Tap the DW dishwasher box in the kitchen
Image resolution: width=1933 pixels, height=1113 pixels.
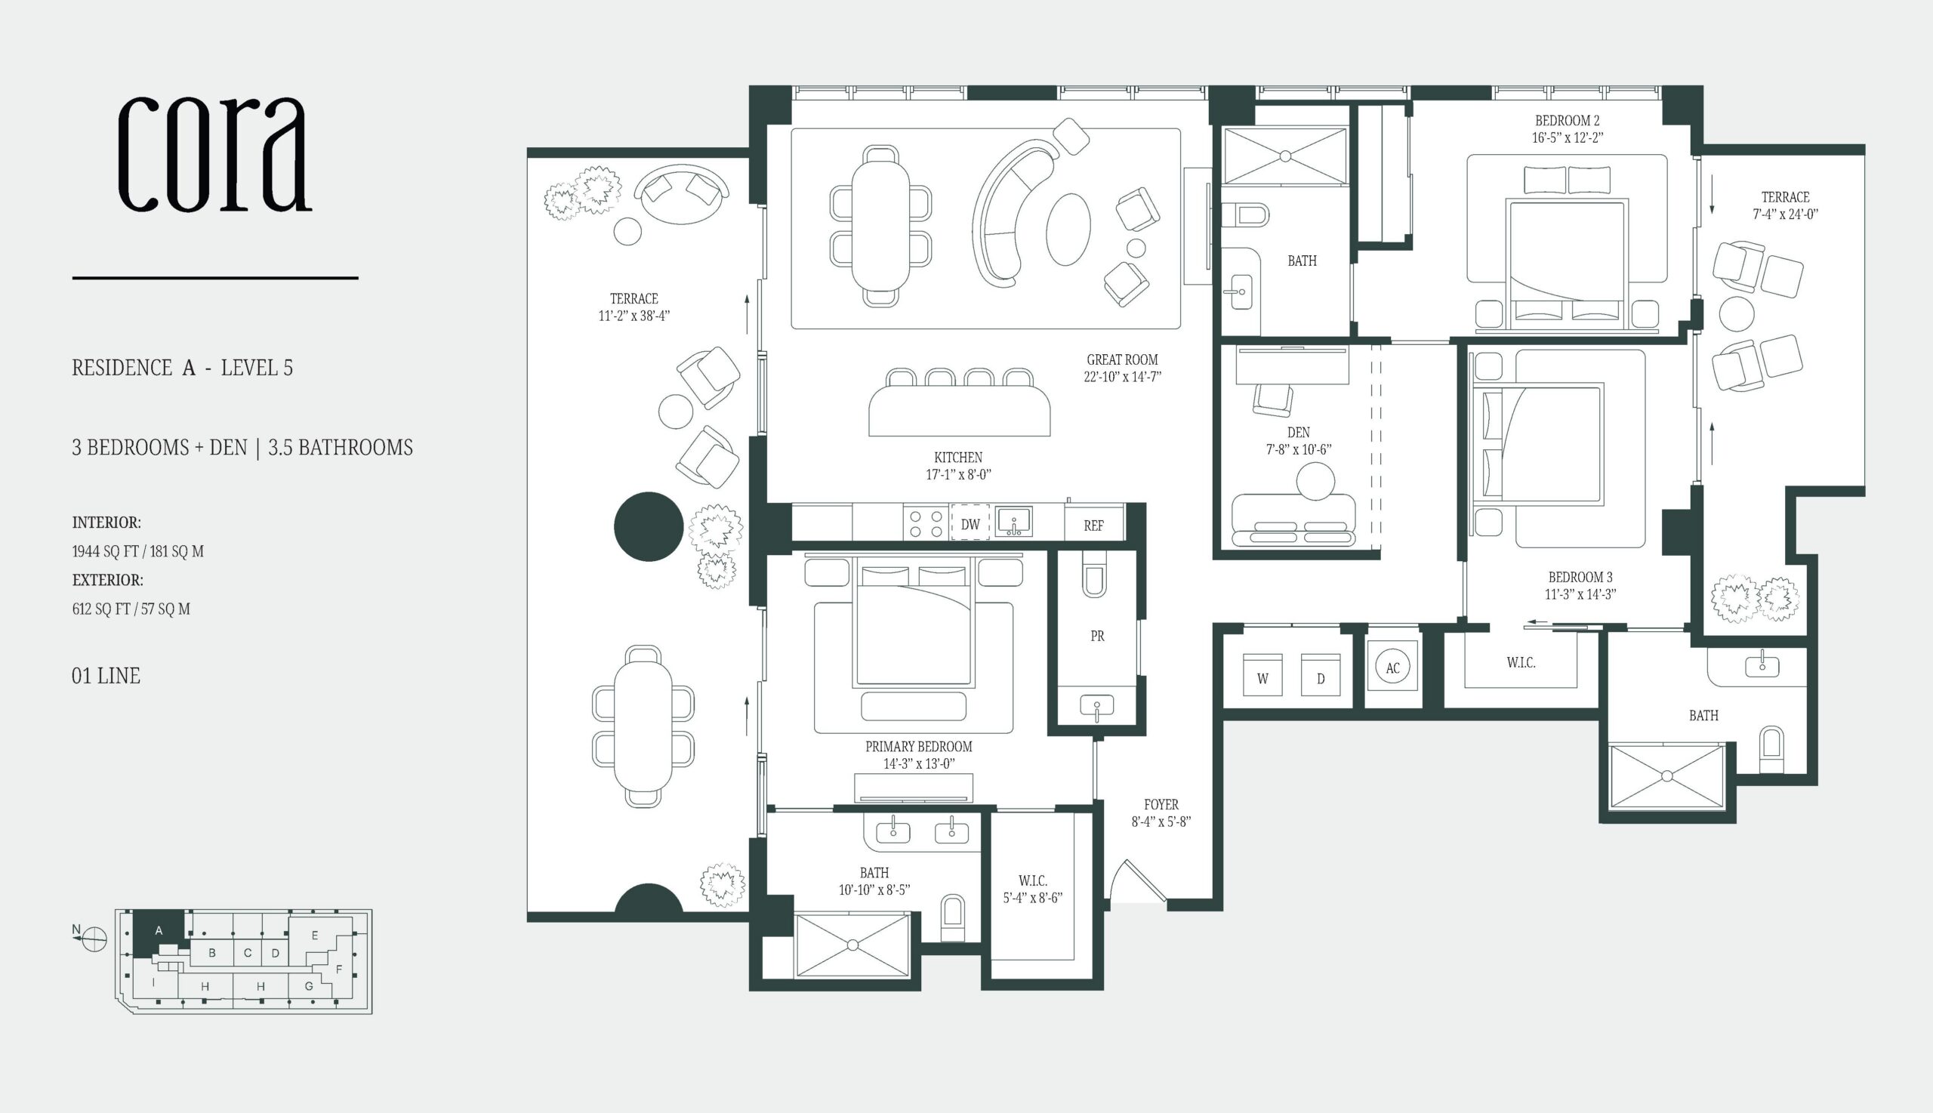(970, 524)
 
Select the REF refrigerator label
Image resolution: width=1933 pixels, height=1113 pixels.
(1094, 526)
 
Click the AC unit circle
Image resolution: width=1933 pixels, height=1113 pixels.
(1392, 668)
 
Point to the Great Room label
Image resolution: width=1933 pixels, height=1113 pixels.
(1122, 359)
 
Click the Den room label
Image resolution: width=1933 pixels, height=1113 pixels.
(1299, 433)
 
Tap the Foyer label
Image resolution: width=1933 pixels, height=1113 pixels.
(1161, 804)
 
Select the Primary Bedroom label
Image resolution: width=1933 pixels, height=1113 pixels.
(919, 746)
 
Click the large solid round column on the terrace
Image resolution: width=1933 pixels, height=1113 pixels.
(648, 527)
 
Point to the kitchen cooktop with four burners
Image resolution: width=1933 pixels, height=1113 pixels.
(926, 524)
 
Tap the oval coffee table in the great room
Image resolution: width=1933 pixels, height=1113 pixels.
(1068, 230)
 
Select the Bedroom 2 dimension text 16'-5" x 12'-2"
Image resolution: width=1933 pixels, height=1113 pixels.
(1567, 138)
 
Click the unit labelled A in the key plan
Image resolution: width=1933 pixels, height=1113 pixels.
(159, 931)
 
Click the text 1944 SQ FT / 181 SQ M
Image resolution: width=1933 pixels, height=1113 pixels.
(138, 551)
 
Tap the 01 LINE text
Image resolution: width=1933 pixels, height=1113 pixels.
(106, 676)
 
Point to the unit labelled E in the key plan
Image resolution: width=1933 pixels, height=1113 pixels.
(315, 935)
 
